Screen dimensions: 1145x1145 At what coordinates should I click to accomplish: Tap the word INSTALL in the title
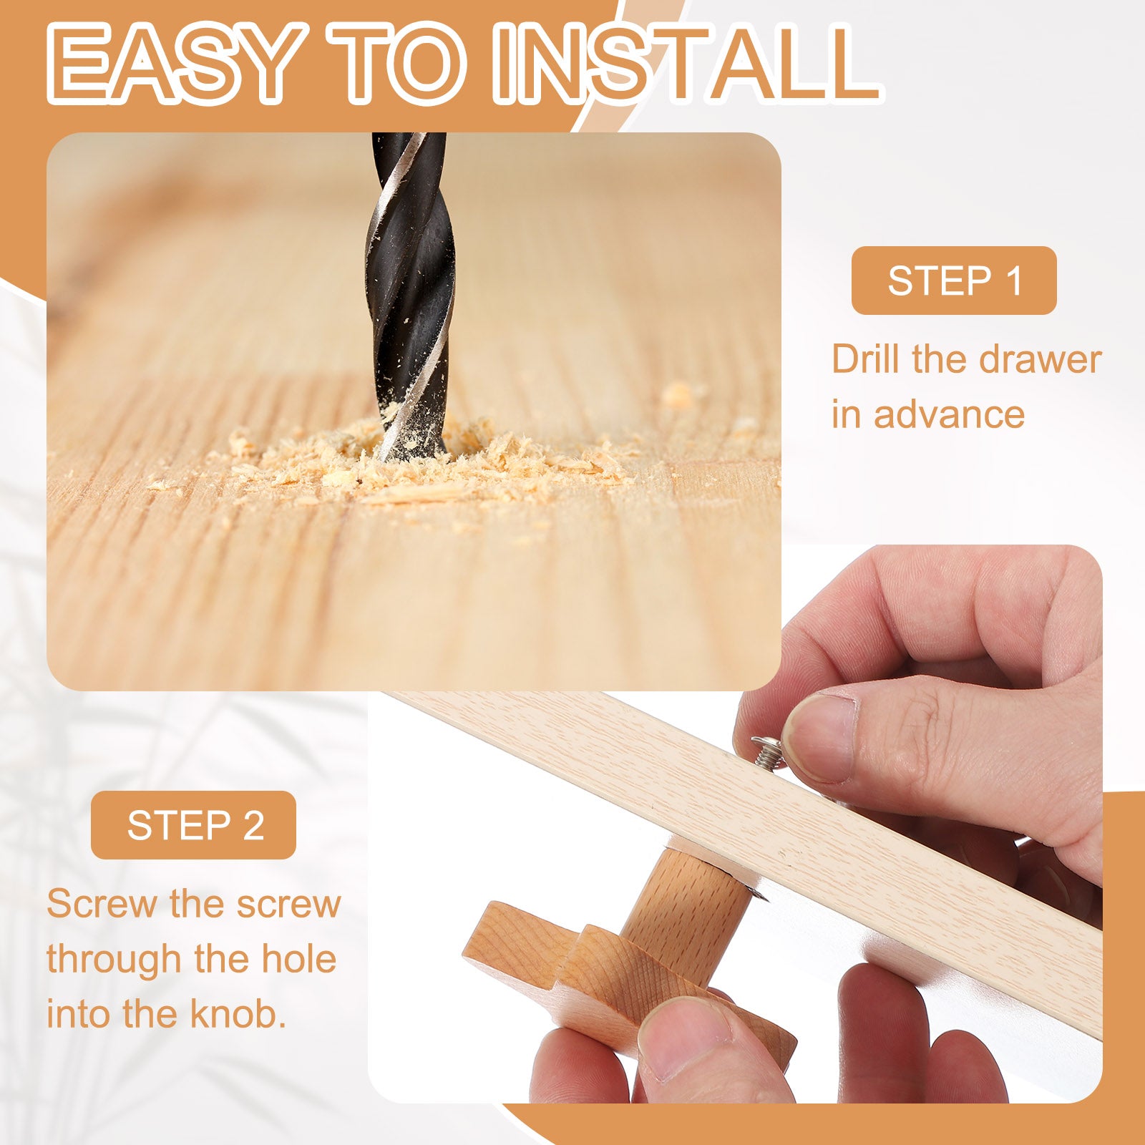pyautogui.click(x=686, y=63)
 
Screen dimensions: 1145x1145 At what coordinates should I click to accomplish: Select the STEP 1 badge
pyautogui.click(x=954, y=281)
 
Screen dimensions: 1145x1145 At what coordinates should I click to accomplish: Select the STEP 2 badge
pyautogui.click(x=193, y=825)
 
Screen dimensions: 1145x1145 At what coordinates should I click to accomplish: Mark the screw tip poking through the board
pyautogui.click(x=757, y=892)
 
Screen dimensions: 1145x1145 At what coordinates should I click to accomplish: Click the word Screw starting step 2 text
pyautogui.click(x=103, y=905)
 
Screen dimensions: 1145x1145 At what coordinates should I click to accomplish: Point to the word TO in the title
pyautogui.click(x=395, y=63)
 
